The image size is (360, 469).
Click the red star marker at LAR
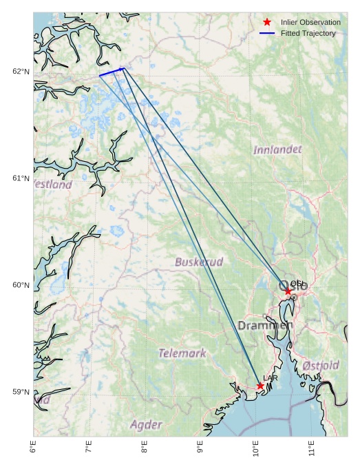(x=260, y=386)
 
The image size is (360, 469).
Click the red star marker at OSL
(x=288, y=291)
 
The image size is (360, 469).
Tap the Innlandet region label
(x=277, y=149)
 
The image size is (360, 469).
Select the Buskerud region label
(x=199, y=262)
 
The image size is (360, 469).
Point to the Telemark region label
(x=182, y=353)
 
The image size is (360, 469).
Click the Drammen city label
(x=265, y=324)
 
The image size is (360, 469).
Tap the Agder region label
(x=146, y=424)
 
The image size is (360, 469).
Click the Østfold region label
(x=321, y=365)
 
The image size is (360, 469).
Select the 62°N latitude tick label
(x=21, y=72)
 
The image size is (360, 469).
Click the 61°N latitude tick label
(x=21, y=178)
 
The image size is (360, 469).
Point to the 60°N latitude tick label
(x=21, y=285)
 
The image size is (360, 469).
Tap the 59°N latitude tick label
(x=21, y=392)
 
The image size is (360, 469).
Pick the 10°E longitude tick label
(x=255, y=449)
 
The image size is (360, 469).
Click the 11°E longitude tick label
(x=311, y=449)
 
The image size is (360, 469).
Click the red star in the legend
(x=267, y=22)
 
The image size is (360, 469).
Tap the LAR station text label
(x=270, y=378)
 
